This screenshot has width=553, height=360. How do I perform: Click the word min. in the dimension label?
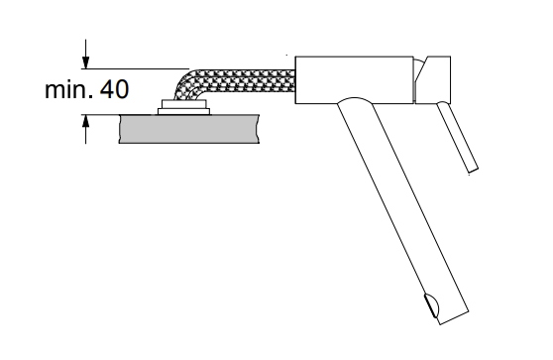[x=68, y=89]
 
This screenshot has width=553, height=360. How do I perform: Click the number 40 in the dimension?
[x=114, y=89]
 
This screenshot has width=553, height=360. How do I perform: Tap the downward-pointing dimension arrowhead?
[x=85, y=62]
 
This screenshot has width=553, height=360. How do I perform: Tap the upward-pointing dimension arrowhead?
[x=85, y=121]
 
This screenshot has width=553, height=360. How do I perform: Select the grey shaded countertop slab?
[x=189, y=129]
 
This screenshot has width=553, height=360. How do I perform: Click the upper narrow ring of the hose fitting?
[x=183, y=104]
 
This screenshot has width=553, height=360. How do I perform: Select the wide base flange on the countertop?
[x=183, y=111]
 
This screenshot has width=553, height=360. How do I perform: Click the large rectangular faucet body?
[x=354, y=79]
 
